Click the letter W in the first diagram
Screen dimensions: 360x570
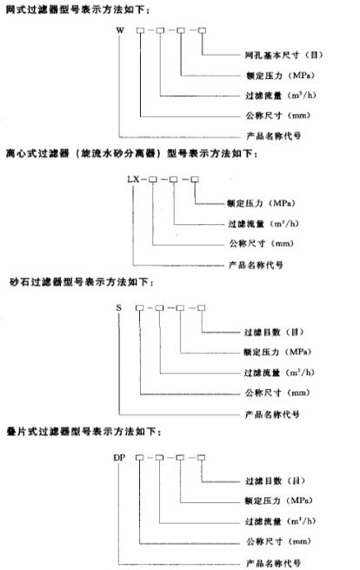tap(120, 30)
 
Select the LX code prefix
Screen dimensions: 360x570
tap(133, 179)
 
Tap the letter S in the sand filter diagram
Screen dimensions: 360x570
tap(119, 308)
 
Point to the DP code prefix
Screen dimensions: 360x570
tap(119, 458)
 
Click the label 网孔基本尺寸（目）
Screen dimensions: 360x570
tap(283, 56)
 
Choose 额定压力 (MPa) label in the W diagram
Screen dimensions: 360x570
tap(280, 76)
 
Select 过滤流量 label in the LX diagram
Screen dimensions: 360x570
tap(263, 223)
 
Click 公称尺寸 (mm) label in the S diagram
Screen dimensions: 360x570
tap(277, 393)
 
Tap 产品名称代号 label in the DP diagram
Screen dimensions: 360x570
tap(273, 563)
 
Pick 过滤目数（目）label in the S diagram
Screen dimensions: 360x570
tap(274, 332)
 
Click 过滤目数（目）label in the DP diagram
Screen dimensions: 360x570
tap(276, 481)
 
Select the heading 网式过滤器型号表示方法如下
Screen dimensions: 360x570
tap(77, 10)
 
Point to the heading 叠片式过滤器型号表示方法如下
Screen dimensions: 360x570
tap(83, 432)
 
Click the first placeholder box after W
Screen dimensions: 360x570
tap(140, 30)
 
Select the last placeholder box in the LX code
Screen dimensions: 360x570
tap(195, 179)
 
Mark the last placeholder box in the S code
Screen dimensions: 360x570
tap(201, 308)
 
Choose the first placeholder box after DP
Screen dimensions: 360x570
tap(139, 458)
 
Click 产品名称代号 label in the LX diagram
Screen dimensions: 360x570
tap(256, 265)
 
